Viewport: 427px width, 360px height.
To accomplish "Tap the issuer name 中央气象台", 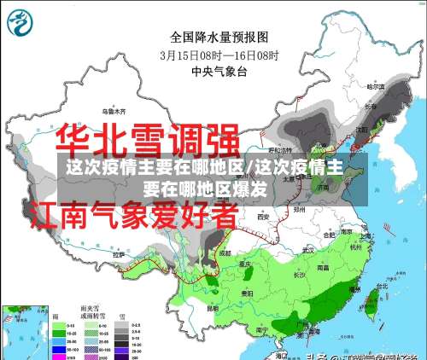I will click(x=219, y=72).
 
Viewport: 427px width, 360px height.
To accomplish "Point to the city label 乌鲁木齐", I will click(x=114, y=111).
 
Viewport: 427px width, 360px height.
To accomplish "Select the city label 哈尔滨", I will click(x=377, y=86).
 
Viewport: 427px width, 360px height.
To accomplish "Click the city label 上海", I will click(x=367, y=235).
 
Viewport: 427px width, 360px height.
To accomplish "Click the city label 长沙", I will click(x=299, y=275).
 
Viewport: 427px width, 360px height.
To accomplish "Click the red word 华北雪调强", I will click(x=147, y=140).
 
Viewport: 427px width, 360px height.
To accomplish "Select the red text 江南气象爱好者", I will click(x=133, y=213).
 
